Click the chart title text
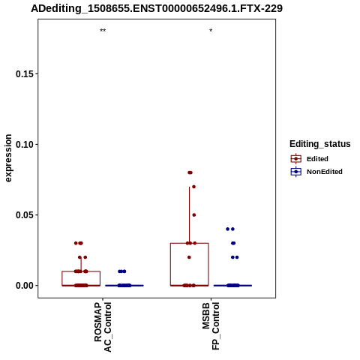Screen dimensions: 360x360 click(157, 8)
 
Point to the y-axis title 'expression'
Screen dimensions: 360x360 click(8, 158)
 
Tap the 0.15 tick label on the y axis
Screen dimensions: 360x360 click(25, 74)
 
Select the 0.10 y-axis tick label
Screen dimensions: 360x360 click(25, 145)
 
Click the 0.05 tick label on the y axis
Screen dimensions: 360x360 click(25, 215)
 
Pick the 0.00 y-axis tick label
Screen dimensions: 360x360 click(25, 286)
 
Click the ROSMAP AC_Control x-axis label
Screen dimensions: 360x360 click(103, 327)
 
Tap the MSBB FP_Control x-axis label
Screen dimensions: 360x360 click(211, 325)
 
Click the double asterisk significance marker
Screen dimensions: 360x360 click(103, 31)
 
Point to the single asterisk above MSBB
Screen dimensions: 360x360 click(211, 31)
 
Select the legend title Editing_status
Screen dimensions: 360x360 click(320, 144)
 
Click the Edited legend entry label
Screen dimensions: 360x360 click(317, 159)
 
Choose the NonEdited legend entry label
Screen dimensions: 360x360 click(325, 172)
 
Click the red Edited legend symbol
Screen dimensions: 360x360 click(296, 159)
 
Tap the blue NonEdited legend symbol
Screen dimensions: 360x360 click(296, 172)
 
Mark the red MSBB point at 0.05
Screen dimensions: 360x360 click(194, 215)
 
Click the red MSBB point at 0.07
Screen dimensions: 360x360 click(193, 187)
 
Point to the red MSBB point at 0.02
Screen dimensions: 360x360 click(189, 257)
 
